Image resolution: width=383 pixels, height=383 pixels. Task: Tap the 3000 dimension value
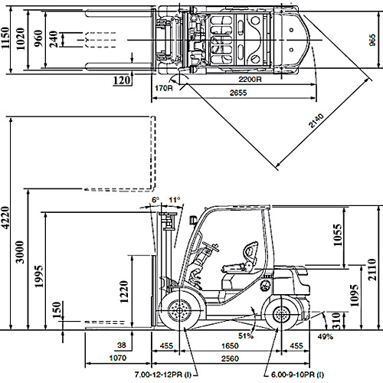coord(20,252)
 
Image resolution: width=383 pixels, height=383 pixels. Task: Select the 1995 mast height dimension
coord(39,277)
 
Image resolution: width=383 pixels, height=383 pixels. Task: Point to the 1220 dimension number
coord(124,292)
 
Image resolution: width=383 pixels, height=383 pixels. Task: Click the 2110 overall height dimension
coord(372,270)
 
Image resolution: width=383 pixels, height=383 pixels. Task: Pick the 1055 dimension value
coord(338,235)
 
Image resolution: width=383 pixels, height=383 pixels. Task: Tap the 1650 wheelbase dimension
coord(230,345)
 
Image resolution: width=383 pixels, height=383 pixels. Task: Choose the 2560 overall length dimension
coord(230,358)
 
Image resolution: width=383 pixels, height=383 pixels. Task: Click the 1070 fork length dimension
coord(118,358)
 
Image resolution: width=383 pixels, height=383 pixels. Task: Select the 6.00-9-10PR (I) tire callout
coord(297,375)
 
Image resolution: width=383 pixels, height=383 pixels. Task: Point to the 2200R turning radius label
coord(250,79)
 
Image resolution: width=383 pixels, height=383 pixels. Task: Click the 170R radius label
coord(164,88)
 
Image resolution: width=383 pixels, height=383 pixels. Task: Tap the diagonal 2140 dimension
coord(316,120)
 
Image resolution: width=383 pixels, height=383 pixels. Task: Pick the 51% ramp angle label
coord(246,336)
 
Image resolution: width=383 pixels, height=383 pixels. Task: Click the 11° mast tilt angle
coord(175,200)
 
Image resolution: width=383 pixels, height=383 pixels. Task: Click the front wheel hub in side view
coord(179,311)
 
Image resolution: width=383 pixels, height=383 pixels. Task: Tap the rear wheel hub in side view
coord(282,315)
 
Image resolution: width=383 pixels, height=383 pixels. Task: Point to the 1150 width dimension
coord(5,38)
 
